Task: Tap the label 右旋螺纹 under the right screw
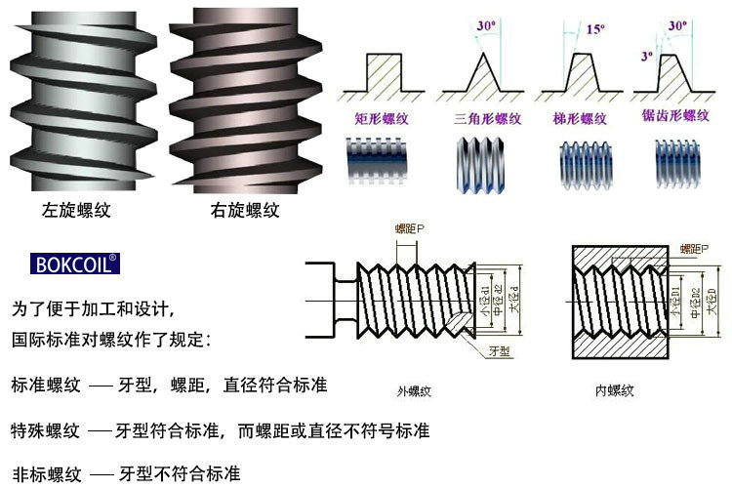[245, 210]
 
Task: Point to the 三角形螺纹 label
[488, 118]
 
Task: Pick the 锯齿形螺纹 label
[681, 116]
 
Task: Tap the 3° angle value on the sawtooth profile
[645, 56]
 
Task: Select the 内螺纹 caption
[615, 390]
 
